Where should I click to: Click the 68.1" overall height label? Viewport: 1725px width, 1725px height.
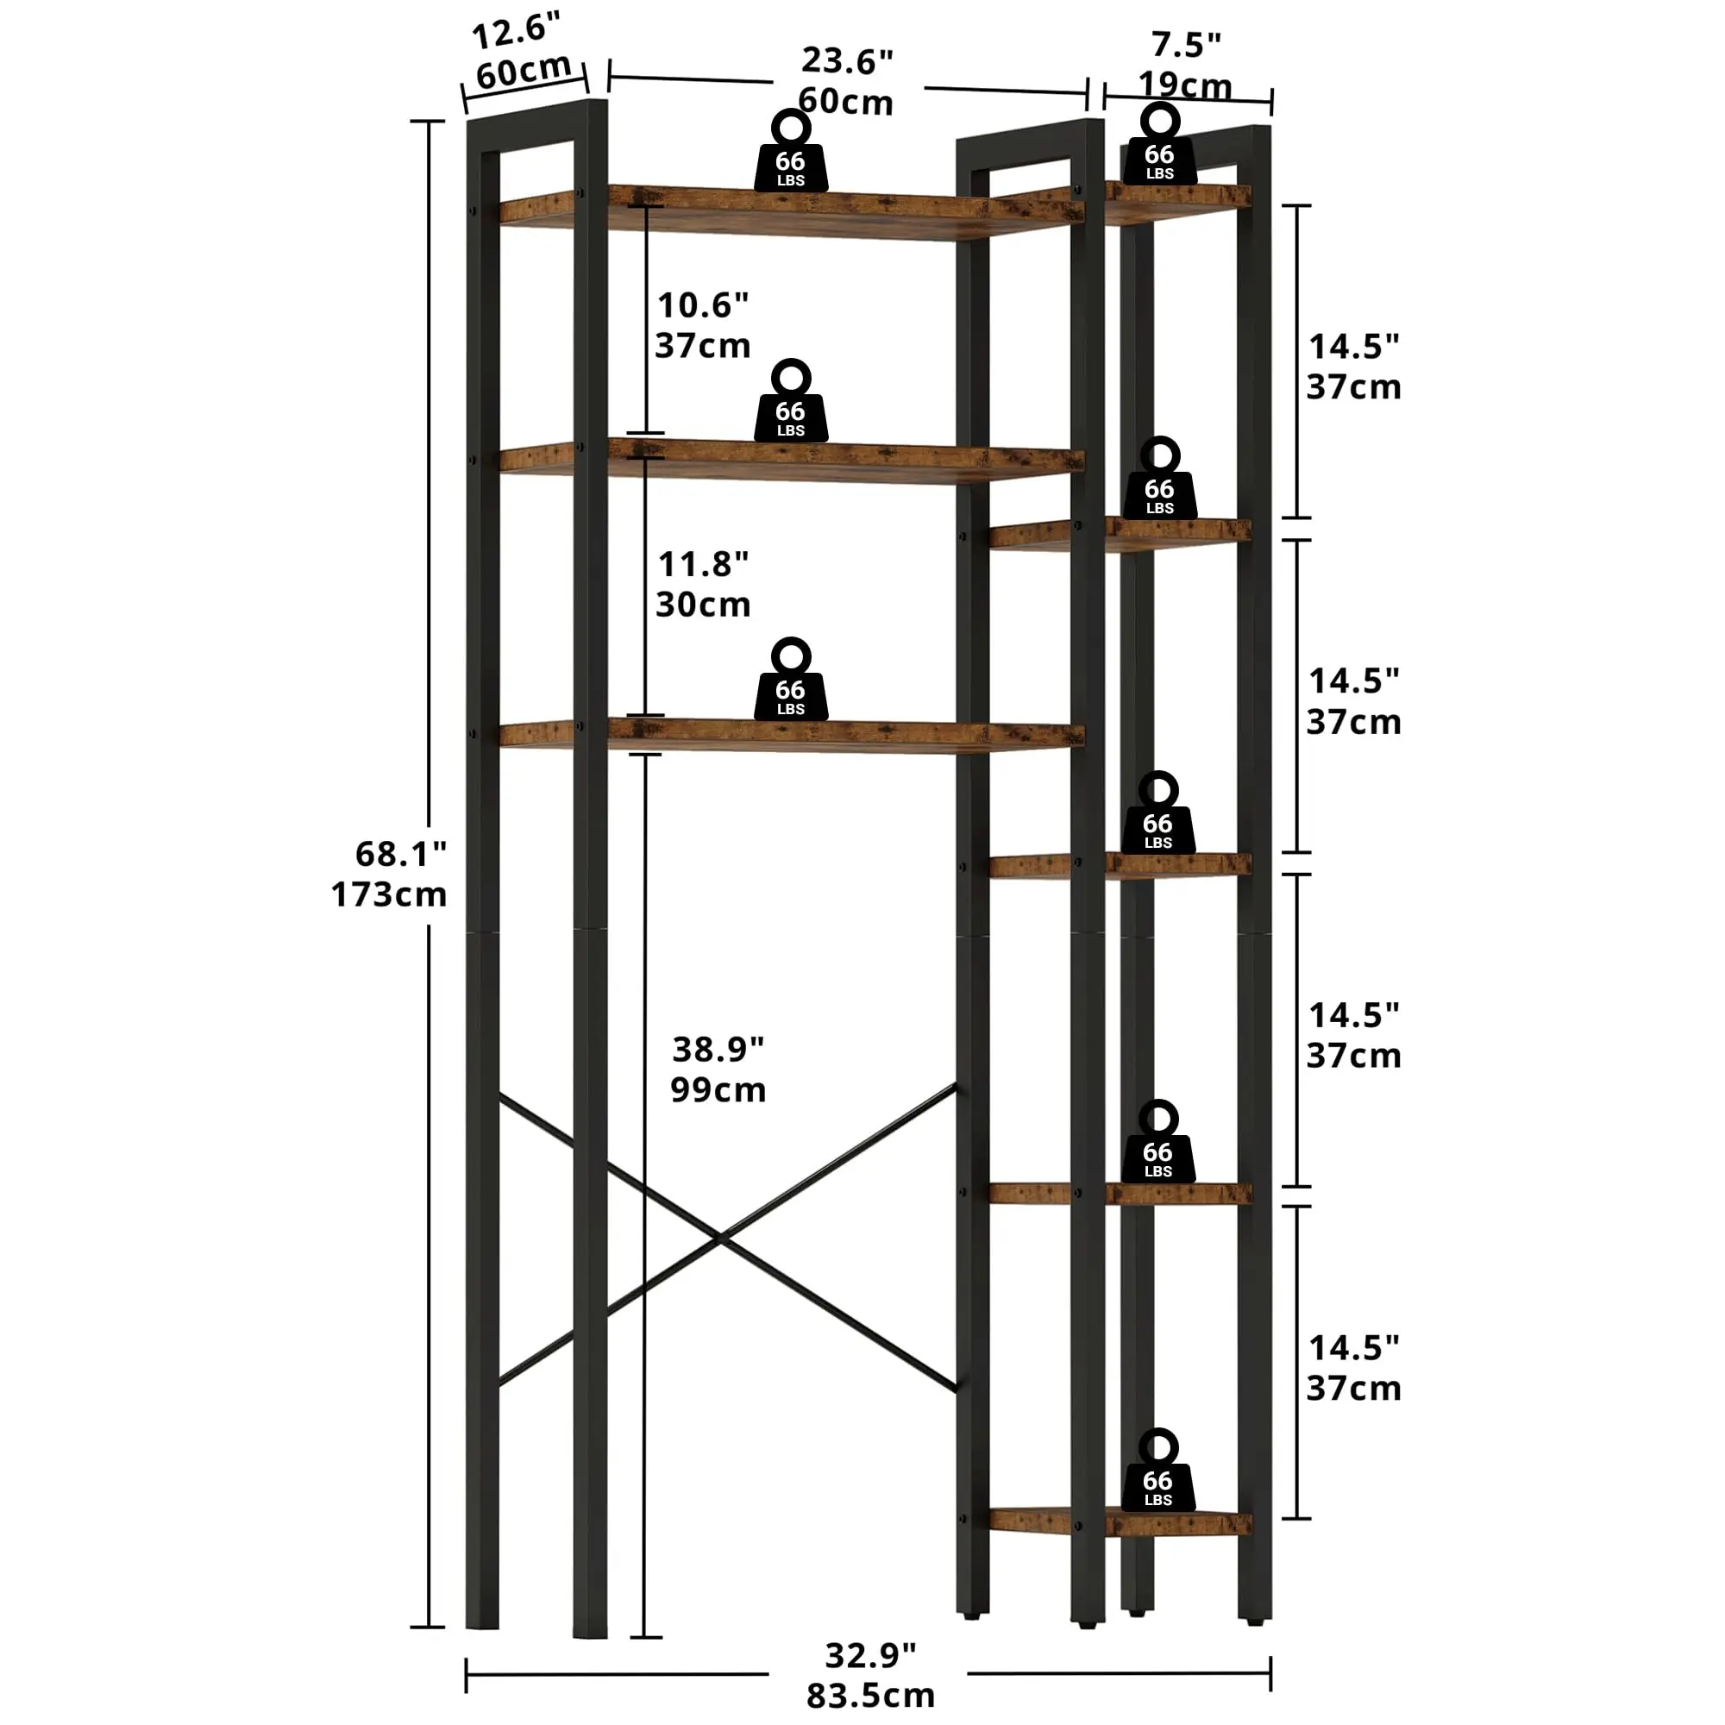coord(401,855)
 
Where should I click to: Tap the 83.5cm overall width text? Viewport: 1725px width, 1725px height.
coord(869,1695)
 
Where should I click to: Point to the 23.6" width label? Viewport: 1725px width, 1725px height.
coord(846,60)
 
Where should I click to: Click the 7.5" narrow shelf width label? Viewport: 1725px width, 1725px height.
coord(1186,43)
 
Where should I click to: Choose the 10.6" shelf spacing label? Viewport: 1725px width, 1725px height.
coord(703,305)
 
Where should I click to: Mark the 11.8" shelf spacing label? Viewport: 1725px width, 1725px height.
coord(703,564)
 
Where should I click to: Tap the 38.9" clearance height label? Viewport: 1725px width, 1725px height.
coord(718,1049)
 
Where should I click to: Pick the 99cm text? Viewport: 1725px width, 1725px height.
coord(718,1090)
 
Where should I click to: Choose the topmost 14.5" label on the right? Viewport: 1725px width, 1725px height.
coord(1353,347)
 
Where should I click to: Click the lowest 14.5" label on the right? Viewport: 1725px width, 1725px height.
coord(1353,1347)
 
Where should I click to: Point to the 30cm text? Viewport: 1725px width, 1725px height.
coord(703,605)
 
